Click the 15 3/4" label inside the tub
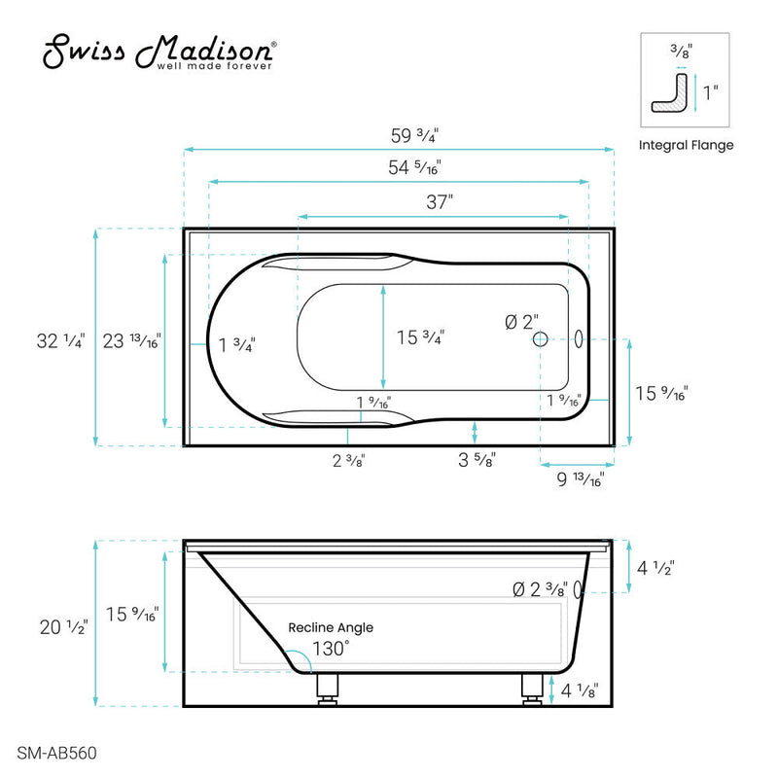click(x=420, y=338)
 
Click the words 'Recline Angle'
click(x=330, y=628)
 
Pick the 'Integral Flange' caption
click(x=686, y=146)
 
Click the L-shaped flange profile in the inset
click(x=671, y=93)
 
